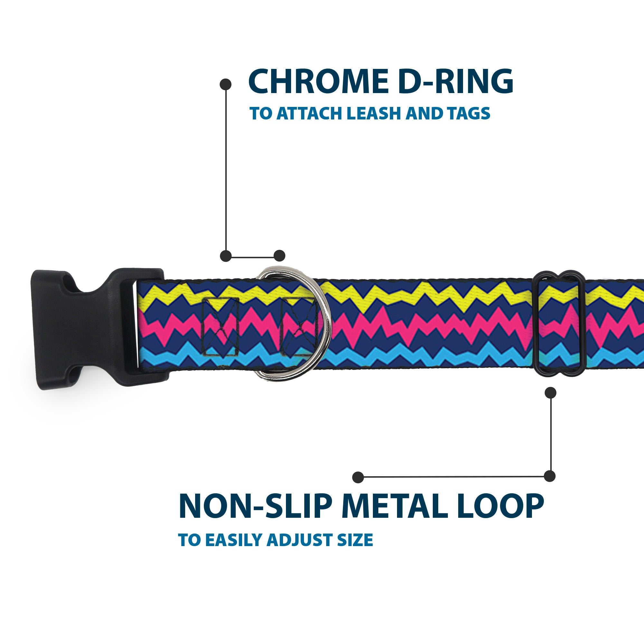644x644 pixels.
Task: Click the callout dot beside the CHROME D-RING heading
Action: click(226, 84)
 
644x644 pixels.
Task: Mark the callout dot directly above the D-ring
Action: click(279, 256)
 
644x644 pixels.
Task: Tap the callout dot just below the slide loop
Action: click(550, 393)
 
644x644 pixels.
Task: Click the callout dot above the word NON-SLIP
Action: click(358, 477)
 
